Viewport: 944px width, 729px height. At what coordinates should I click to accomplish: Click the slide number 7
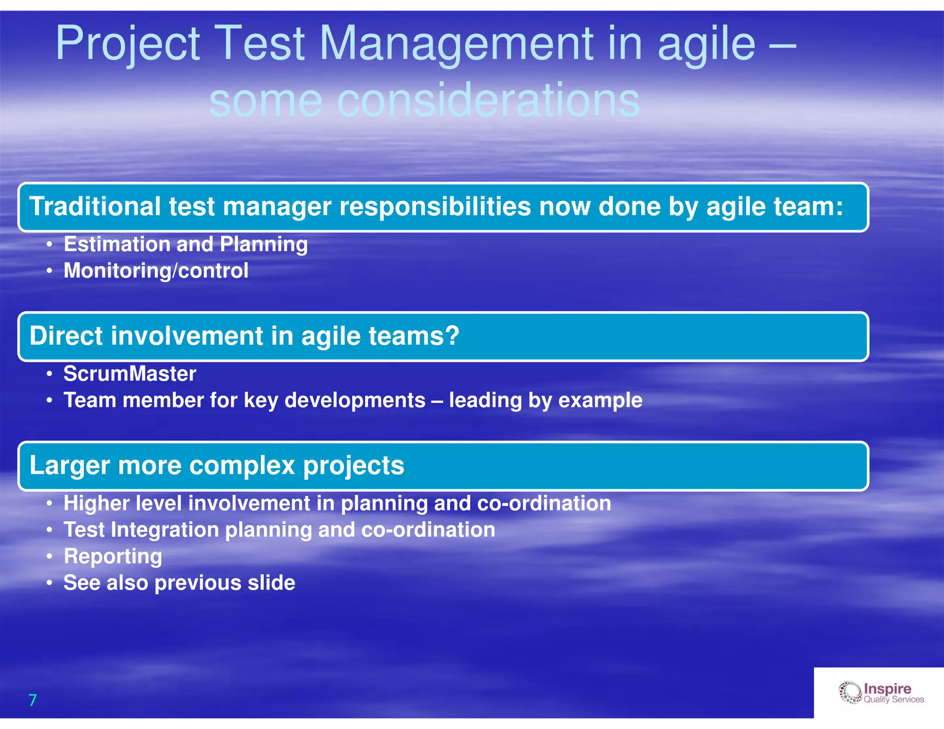[x=32, y=700]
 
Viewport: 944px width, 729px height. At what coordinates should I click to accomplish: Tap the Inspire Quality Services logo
[x=881, y=693]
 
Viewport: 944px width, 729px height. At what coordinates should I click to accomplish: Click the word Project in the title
[x=128, y=44]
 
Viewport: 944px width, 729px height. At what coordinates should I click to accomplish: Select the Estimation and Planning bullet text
[x=185, y=244]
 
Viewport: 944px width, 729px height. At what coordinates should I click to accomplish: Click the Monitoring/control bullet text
[x=156, y=270]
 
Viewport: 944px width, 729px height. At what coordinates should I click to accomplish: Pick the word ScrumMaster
[x=130, y=374]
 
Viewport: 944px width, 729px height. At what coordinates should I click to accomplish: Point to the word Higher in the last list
[x=96, y=503]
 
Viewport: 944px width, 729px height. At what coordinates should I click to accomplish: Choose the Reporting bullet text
[x=112, y=557]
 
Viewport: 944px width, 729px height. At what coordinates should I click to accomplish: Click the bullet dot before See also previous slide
[x=49, y=583]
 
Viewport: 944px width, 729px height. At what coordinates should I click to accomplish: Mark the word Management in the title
[x=456, y=44]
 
